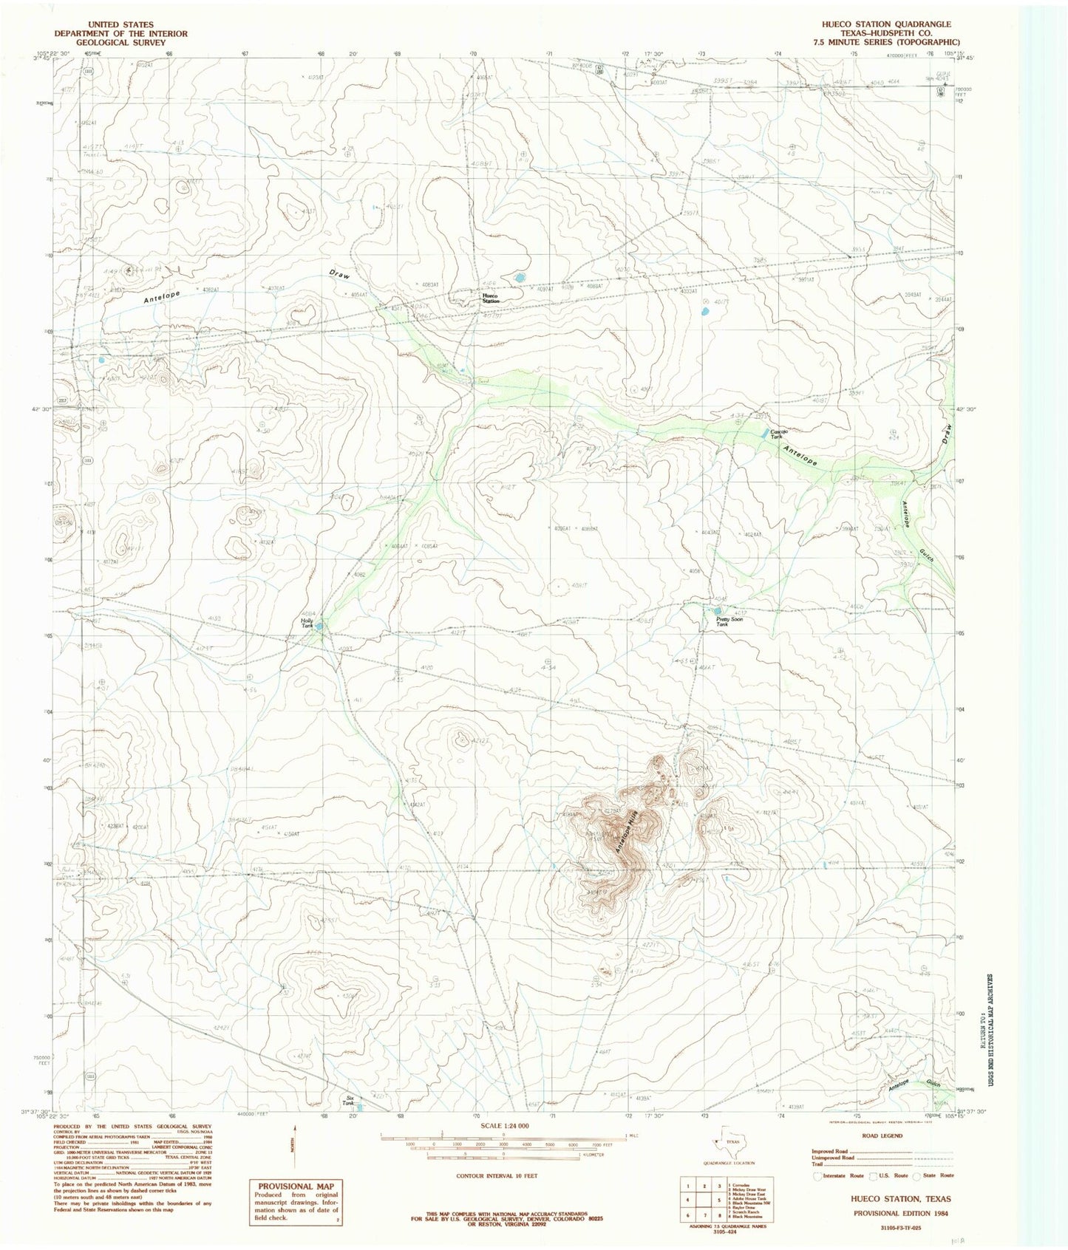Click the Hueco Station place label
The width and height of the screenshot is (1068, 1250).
pyautogui.click(x=491, y=298)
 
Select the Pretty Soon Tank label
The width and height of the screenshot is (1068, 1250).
pyautogui.click(x=731, y=621)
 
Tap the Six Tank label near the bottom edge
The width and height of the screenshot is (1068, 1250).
pyautogui.click(x=350, y=1101)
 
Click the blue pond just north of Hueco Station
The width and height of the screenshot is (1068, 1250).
pyautogui.click(x=519, y=278)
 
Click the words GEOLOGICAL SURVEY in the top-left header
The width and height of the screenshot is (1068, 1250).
pyautogui.click(x=120, y=43)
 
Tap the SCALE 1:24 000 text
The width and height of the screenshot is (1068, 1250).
pyautogui.click(x=503, y=1125)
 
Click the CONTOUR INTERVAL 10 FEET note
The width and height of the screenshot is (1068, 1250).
pyautogui.click(x=497, y=1175)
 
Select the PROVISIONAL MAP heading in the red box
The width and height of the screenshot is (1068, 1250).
pyautogui.click(x=295, y=1186)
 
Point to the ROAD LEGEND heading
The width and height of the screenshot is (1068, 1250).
pyautogui.click(x=882, y=1135)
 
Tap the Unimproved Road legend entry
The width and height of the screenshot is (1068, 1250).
pyautogui.click(x=831, y=1158)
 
